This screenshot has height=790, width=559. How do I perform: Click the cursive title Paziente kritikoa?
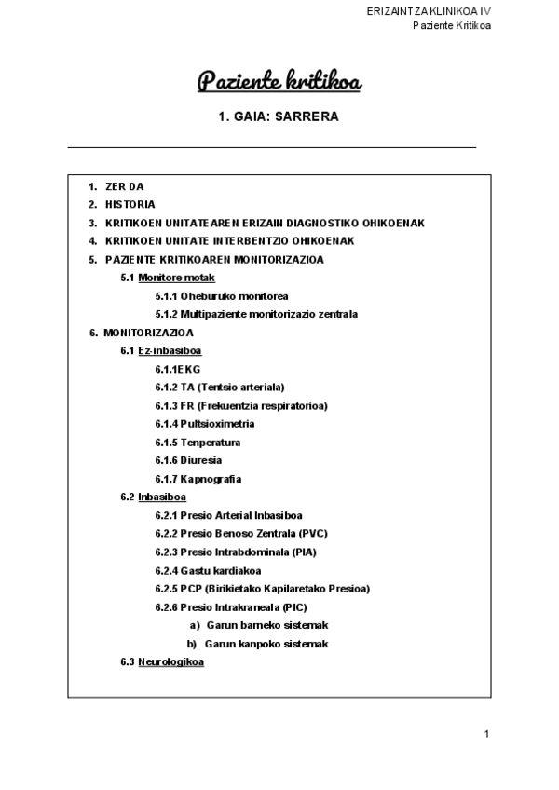pyautogui.click(x=279, y=83)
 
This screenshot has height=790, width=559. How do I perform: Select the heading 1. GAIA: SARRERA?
pyautogui.click(x=279, y=117)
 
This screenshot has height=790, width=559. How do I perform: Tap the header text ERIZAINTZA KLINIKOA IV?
pyautogui.click(x=429, y=10)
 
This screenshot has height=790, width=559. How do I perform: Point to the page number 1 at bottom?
pyautogui.click(x=486, y=734)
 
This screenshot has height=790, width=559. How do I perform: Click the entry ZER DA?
pyautogui.click(x=125, y=186)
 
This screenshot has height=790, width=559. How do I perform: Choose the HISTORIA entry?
pyautogui.click(x=130, y=204)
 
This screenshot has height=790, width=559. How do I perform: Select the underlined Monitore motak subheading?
pyautogui.click(x=176, y=278)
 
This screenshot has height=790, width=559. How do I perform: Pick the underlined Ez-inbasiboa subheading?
pyautogui.click(x=170, y=350)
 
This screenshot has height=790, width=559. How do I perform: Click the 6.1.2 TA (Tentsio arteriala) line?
pyautogui.click(x=232, y=387)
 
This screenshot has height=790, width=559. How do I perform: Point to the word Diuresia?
pyautogui.click(x=201, y=460)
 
